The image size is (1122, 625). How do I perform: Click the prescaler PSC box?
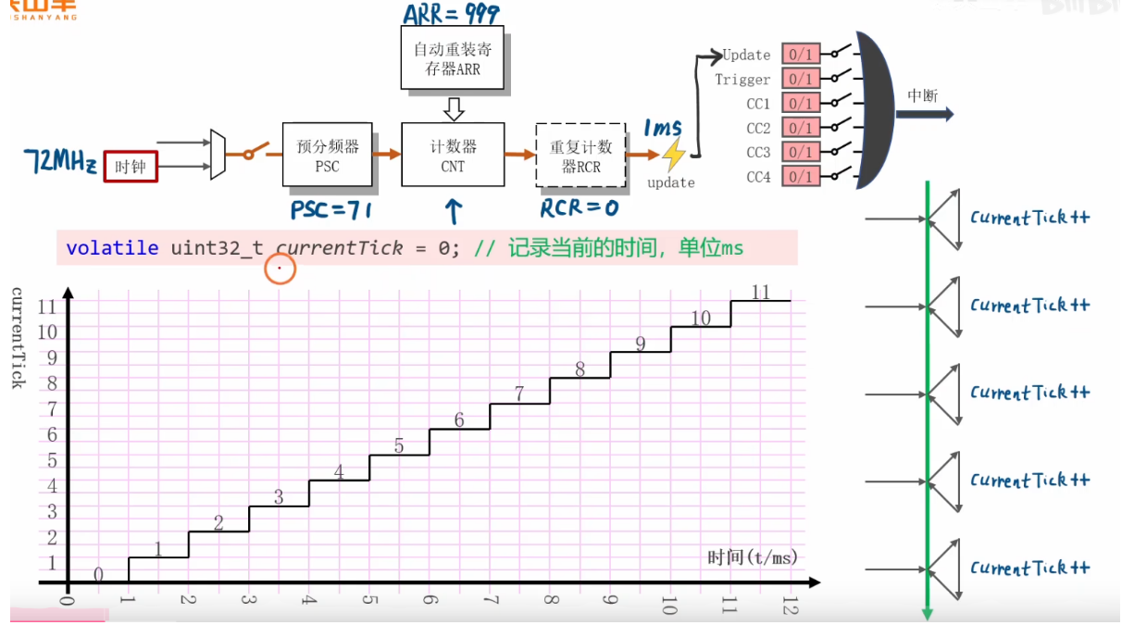[x=327, y=156]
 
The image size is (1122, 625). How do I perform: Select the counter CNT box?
[x=453, y=156]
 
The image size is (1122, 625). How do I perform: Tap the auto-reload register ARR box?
[x=453, y=57]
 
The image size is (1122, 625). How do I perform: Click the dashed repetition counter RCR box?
[x=580, y=156]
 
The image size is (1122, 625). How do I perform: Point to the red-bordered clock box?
[x=131, y=167]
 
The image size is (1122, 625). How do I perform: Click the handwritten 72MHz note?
[x=59, y=163]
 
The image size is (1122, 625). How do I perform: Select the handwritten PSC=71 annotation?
[x=330, y=210]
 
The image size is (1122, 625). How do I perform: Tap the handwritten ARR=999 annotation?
[x=451, y=13]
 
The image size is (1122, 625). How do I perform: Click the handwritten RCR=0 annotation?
[x=579, y=208]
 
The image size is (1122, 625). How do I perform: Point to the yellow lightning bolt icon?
[x=674, y=154]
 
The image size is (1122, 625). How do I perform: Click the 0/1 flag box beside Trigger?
[x=801, y=79]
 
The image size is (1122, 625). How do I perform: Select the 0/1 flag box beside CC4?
[x=801, y=176]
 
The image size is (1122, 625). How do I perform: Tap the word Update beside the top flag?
[x=746, y=55]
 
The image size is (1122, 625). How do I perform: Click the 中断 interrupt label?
[x=922, y=95]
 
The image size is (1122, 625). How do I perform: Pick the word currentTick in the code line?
[x=340, y=248]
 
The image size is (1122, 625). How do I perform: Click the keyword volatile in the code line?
[x=113, y=248]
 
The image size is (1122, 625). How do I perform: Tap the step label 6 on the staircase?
[x=459, y=420]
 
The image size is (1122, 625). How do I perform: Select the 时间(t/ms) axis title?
[x=753, y=556]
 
